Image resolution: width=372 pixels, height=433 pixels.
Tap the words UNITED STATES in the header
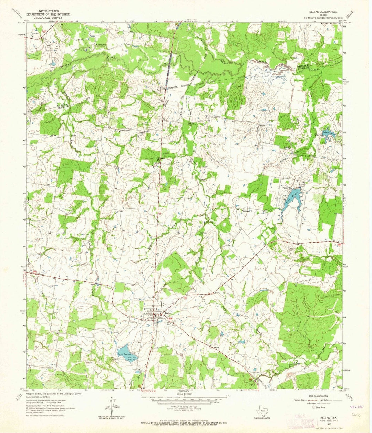[x=48, y=11]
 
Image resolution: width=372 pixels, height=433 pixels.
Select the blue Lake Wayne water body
[x=292, y=202]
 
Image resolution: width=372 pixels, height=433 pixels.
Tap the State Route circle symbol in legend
[x=313, y=407]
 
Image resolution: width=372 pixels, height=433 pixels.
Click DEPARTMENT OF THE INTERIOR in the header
[x=48, y=14]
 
